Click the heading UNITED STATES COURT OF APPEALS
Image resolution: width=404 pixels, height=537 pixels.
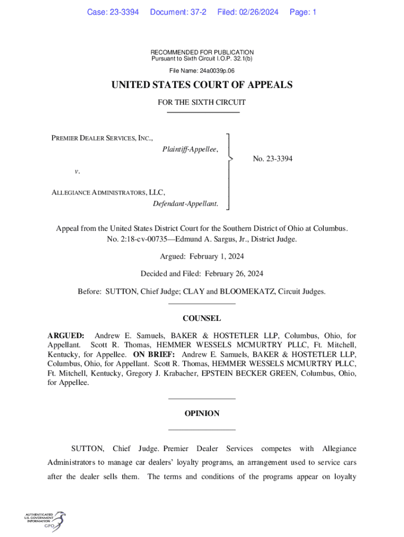coord(202,85)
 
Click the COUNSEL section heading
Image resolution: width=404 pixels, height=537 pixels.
coord(202,318)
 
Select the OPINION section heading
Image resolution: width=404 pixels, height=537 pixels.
coord(202,414)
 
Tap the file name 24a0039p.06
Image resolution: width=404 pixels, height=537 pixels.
coord(216,70)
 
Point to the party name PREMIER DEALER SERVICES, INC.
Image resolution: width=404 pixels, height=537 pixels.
coord(102,138)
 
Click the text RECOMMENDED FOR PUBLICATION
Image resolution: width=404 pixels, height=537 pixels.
coord(202,52)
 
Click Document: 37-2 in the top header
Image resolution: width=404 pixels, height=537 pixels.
coord(178,12)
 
